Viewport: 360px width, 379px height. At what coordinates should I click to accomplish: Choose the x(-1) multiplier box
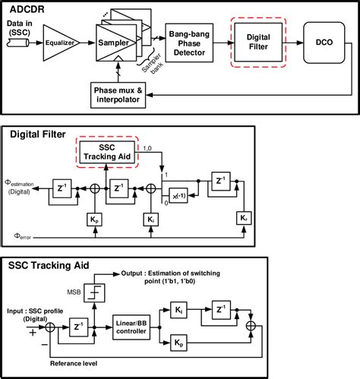point(178,194)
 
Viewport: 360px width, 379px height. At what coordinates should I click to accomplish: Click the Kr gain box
point(242,217)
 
